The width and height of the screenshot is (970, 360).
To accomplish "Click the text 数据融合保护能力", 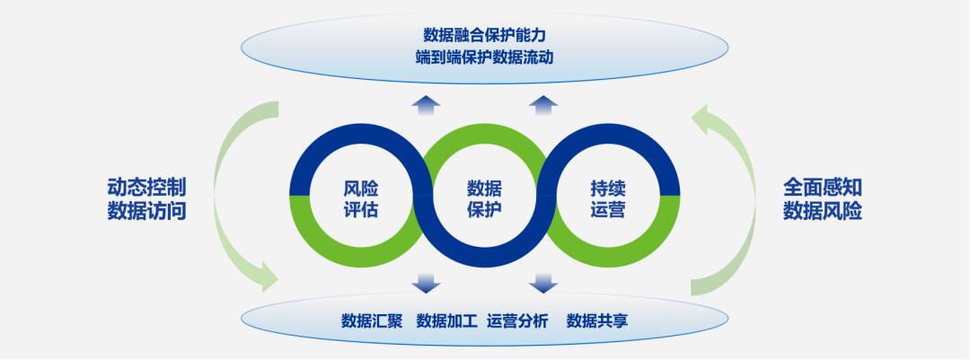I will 485,35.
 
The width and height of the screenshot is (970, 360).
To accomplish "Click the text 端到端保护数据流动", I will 485,57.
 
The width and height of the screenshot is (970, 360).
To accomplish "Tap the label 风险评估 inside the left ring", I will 361,199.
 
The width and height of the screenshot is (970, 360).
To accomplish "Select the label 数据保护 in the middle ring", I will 485,199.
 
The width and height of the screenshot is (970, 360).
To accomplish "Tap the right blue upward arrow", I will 542,106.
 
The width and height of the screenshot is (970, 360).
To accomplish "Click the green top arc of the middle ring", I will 485,135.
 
